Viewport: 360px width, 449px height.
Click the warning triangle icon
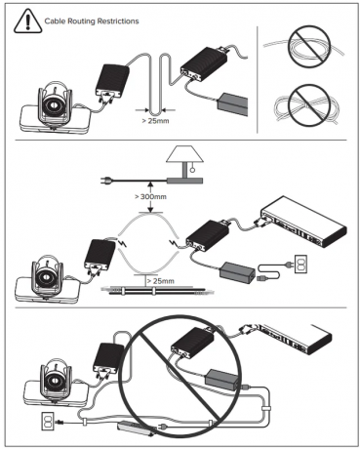(x=27, y=21)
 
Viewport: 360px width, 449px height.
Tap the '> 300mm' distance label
(x=150, y=196)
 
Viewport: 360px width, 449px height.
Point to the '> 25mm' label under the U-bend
(x=155, y=121)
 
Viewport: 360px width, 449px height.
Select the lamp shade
(x=184, y=155)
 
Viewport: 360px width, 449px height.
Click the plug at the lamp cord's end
(x=106, y=180)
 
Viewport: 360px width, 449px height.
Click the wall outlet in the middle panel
(x=300, y=264)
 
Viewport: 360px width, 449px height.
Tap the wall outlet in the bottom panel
(x=48, y=421)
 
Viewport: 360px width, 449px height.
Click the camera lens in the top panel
(x=51, y=105)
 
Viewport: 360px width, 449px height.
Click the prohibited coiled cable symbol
(x=309, y=47)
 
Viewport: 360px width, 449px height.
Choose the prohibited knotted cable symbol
(x=309, y=105)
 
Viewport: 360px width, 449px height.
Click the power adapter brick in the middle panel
(x=237, y=271)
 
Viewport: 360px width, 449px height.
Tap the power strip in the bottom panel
(x=135, y=428)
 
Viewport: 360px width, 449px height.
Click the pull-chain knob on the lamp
(x=192, y=169)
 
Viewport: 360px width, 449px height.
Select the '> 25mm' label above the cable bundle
(x=160, y=281)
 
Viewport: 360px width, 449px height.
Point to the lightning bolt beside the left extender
(x=123, y=242)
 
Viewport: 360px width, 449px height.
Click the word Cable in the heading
(x=54, y=21)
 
